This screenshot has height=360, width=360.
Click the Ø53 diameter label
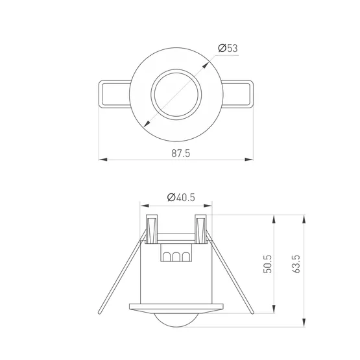(x=227, y=48)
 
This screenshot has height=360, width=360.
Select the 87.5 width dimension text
(x=181, y=153)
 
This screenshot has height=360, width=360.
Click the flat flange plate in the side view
(x=176, y=304)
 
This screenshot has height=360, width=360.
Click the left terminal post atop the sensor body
(x=153, y=229)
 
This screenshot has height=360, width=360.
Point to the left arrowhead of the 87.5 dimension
(x=102, y=159)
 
